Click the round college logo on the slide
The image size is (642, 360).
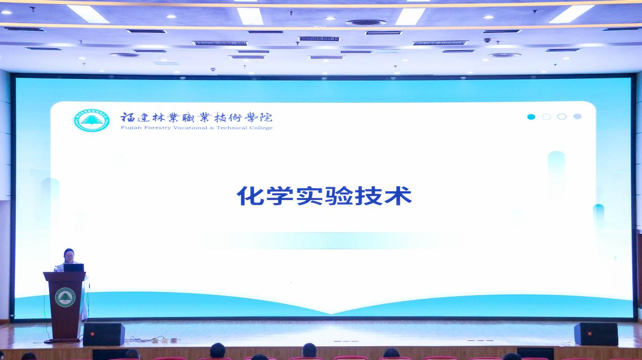tap(91, 121)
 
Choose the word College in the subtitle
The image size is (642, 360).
tap(261, 128)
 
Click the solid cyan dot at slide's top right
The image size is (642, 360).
tap(531, 116)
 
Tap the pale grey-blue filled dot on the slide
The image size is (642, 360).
tap(577, 116)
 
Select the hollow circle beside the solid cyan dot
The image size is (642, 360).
tap(547, 116)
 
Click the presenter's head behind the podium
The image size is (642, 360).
tap(69, 255)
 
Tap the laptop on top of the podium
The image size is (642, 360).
tap(73, 268)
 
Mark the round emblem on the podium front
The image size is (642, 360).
tap(65, 298)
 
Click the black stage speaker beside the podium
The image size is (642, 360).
tap(104, 334)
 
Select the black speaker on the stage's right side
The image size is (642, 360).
tap(596, 334)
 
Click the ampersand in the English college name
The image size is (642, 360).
tap(212, 128)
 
